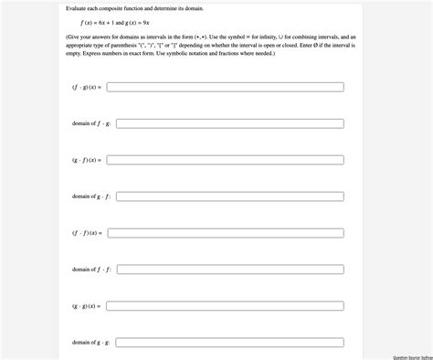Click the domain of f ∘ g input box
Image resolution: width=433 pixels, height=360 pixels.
coord(230,123)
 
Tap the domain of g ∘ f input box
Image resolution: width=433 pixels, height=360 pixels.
coord(230,196)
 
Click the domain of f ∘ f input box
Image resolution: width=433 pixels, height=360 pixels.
coord(230,270)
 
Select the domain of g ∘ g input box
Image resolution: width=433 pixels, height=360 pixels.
coord(230,343)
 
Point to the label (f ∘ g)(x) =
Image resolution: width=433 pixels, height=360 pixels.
coord(87,87)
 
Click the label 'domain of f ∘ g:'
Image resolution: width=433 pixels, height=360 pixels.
coord(91,123)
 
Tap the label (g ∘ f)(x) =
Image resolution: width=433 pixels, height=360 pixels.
coord(87,160)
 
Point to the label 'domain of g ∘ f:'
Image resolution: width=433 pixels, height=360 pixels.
coord(91,196)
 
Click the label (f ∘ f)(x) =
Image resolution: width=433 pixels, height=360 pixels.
coord(87,233)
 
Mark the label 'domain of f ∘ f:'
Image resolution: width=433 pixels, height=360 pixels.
coord(91,270)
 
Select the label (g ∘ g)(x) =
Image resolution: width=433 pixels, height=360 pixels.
coord(87,306)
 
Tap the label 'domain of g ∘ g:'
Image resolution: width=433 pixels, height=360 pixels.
coord(91,343)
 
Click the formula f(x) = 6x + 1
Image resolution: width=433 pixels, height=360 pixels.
coord(99,22)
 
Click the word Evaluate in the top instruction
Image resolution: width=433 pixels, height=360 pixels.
coord(79,7)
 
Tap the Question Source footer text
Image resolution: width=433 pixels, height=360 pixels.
coord(412,357)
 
